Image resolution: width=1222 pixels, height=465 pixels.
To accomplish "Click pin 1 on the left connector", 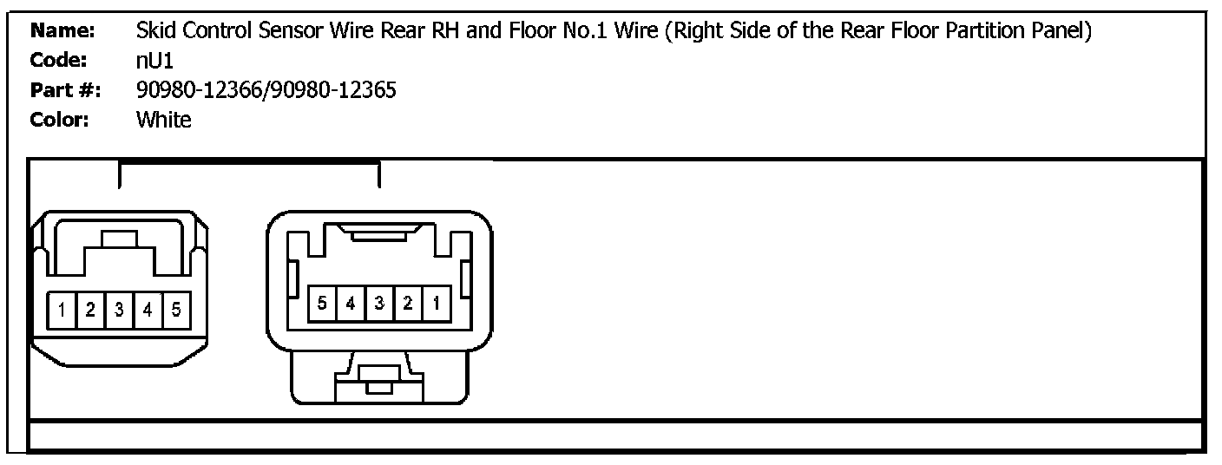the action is pos(62,310).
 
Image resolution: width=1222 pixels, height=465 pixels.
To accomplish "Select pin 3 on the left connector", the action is pos(119,310).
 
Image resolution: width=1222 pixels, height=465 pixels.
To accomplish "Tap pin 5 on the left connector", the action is pos(176,310).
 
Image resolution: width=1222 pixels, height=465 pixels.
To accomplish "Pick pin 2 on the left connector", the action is pos(90,310).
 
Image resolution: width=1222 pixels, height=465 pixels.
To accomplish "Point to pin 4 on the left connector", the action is pos(148,310).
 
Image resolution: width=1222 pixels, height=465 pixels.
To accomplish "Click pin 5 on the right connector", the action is pos(322,304).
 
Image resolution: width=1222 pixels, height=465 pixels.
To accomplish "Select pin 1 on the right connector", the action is pos(435,304).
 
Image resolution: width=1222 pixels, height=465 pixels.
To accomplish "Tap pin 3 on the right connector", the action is pos(378,304).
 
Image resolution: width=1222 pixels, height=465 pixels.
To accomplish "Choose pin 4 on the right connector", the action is pos(351,304).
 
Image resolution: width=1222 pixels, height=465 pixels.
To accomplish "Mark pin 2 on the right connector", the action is pos(407,304).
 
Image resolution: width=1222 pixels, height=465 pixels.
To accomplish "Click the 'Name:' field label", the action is pos(62,31).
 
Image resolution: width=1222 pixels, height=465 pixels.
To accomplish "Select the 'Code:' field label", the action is pos(60,61).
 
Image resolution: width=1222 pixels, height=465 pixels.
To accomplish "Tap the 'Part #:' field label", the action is pos(66,90).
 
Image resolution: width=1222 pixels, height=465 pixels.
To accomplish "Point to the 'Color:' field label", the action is pos(61,120).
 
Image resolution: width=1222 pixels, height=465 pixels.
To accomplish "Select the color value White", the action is pos(163,120).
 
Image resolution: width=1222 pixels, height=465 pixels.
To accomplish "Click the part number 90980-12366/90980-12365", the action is pos(266,90).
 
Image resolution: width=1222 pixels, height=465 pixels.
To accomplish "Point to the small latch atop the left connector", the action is pos(119,239).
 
